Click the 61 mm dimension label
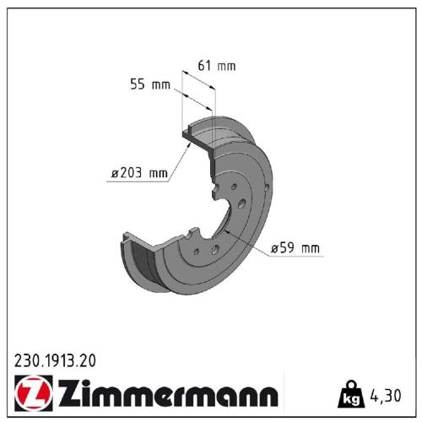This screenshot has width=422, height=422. click(216, 66)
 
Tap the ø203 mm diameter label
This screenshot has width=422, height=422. click(138, 174)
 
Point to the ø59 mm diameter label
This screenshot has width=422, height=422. click(295, 248)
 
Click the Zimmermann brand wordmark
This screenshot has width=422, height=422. click(165, 393)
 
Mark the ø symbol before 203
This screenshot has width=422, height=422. click(114, 174)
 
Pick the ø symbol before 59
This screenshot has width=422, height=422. click(275, 248)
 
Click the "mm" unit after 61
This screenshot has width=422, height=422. click(226, 66)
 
